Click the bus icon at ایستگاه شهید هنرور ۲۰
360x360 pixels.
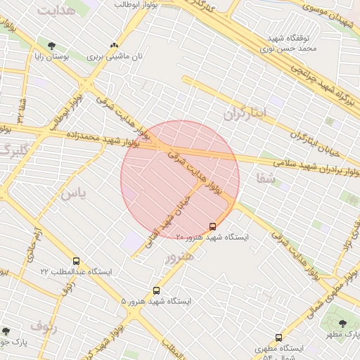(x=213, y=226)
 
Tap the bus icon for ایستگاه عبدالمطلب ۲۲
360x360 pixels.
(x=76, y=261)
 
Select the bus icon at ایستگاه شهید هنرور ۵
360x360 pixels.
(x=156, y=290)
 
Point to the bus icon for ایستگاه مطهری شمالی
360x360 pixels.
(x=278, y=338)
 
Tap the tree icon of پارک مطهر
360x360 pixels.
(x=342, y=323)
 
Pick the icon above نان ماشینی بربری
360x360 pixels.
(x=115, y=45)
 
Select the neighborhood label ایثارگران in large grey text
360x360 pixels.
(x=246, y=112)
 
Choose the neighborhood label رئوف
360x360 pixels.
(x=44, y=324)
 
